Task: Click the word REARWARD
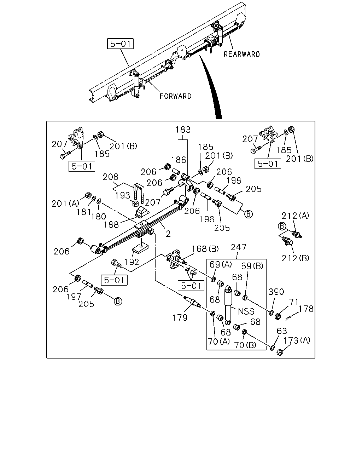[242, 54]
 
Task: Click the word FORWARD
[175, 96]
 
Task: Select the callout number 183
[183, 130]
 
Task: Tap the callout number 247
[239, 247]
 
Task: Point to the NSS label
[246, 311]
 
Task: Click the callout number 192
[132, 262]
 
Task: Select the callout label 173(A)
[297, 340]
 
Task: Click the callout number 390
[276, 292]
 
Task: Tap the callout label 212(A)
[295, 216]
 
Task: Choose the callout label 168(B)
[205, 249]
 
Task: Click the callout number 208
[110, 177]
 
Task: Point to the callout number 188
[111, 225]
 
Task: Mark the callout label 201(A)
[65, 203]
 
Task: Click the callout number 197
[74, 297]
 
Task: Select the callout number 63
[282, 331]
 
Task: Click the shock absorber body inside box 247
[228, 305]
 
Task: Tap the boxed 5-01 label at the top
[120, 44]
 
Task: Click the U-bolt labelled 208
[139, 193]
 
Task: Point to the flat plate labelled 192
[140, 250]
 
